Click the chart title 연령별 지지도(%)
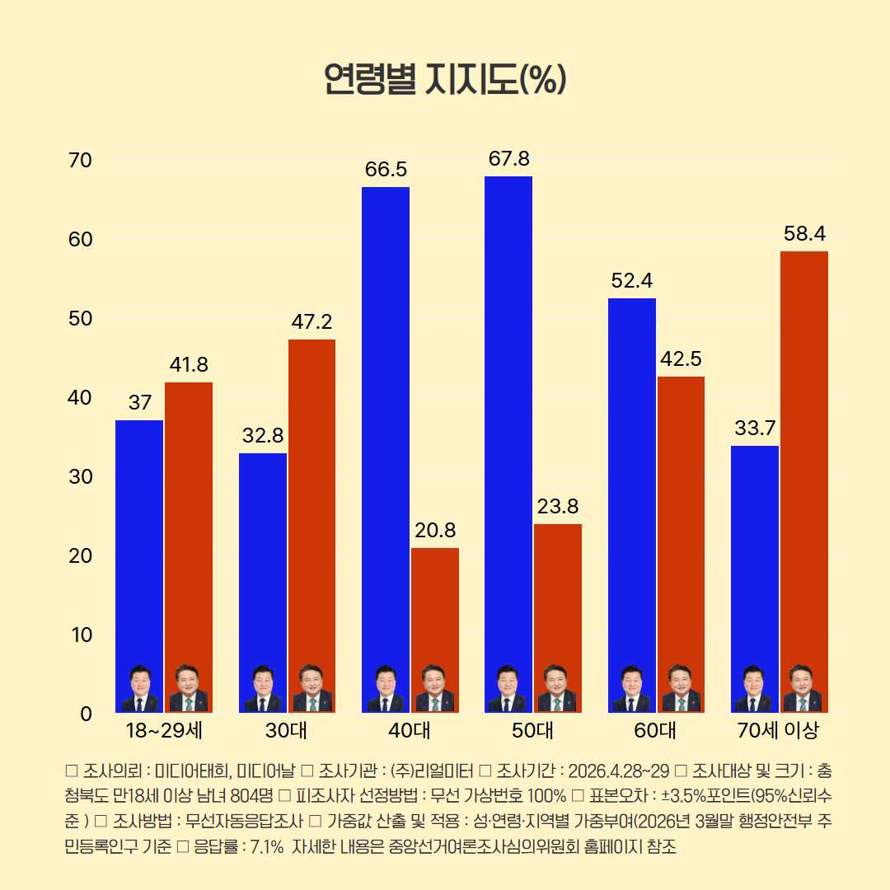444,80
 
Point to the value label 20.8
435,530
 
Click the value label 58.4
804,233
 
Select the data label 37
139,403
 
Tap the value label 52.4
632,280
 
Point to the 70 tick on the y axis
80,160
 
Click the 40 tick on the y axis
80,397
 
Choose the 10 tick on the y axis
80,635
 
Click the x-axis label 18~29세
164,730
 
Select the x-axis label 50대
532,730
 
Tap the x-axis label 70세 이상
779,730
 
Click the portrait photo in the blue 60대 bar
632,689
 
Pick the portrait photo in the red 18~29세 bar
189,689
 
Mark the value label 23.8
558,506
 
